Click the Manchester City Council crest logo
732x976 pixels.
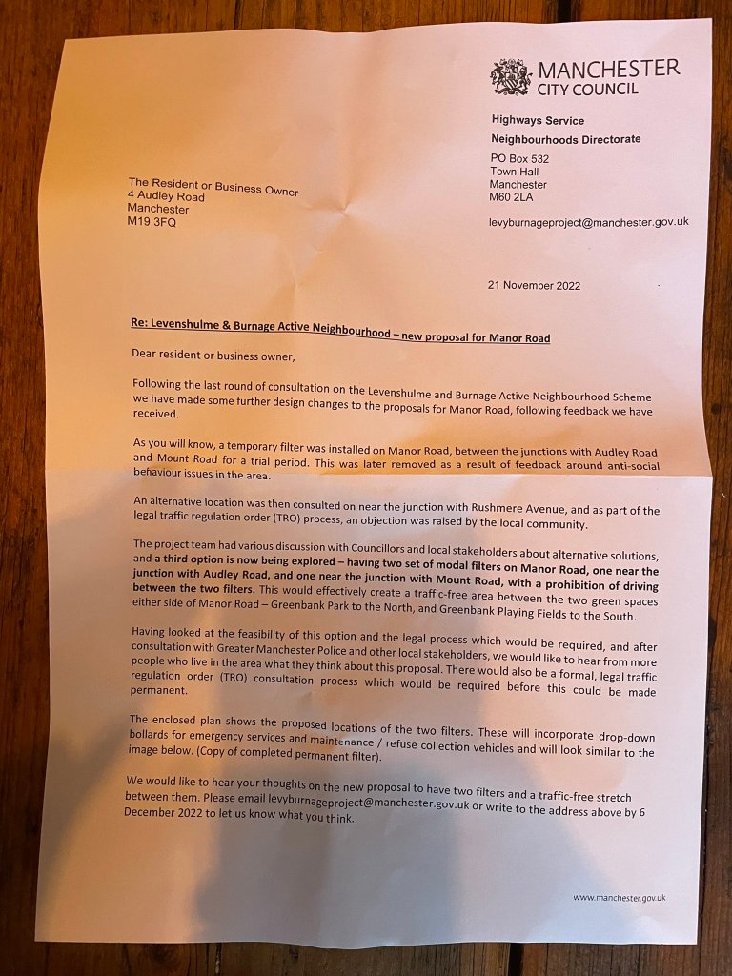(x=510, y=77)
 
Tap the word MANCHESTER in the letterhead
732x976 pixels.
(x=609, y=70)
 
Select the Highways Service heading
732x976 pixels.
(x=538, y=121)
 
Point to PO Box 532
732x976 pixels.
(x=520, y=157)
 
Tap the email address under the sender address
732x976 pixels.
(x=588, y=222)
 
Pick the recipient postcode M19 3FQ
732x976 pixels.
(x=152, y=223)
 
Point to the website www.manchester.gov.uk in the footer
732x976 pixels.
(x=620, y=897)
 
